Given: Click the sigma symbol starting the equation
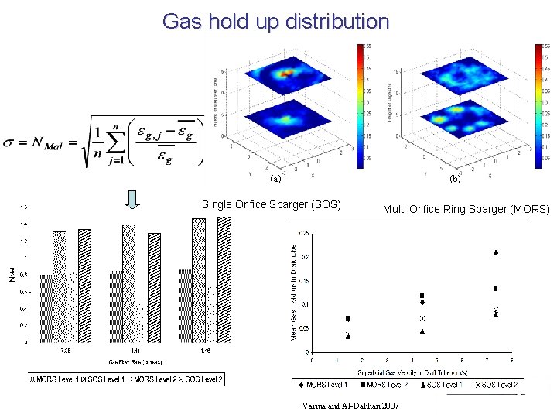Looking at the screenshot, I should pos(9,142).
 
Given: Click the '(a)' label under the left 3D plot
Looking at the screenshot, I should pos(274,180).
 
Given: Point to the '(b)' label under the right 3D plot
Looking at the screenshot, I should pos(455,180).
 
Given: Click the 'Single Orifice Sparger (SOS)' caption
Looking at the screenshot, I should pos(271,205).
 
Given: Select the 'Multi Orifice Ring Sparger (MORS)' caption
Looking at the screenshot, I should pos(466,209).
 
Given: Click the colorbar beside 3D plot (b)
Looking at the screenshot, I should pos(540,105).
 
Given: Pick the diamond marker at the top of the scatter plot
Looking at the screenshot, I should pos(495,253).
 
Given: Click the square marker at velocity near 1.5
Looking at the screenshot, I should pos(348,319).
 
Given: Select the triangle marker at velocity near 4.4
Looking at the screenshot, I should pos(422,331).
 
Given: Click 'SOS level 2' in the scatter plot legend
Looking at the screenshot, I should pos(496,385).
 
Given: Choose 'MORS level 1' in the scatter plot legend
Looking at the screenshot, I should pos(323,385).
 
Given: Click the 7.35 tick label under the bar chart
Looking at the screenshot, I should pos(67,350).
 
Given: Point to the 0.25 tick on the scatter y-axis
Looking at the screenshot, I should pos(304,234).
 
